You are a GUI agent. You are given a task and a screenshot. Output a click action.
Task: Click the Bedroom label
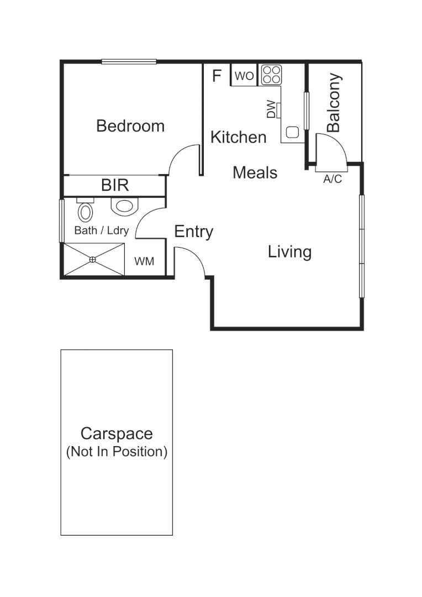point(130,126)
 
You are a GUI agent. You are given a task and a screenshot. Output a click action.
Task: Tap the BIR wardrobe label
point(115,185)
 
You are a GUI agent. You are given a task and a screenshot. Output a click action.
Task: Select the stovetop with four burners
point(271,75)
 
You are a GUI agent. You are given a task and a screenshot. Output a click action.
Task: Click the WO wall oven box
point(244,76)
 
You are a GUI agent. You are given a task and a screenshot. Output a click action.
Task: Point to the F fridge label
point(217,76)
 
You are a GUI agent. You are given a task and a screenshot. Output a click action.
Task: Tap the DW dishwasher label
point(271,109)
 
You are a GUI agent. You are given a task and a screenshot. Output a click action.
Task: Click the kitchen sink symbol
point(292,133)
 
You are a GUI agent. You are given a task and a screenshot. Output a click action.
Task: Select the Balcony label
point(334,103)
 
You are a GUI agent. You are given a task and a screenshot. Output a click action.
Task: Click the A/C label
point(333,179)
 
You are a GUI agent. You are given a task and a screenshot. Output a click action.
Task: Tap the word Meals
point(255,172)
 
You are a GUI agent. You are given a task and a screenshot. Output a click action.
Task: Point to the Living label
point(289,252)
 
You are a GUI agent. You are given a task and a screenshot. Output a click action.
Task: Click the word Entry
point(193,232)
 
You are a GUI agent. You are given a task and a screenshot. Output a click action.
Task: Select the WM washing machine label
point(144,261)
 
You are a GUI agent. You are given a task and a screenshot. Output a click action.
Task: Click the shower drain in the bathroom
point(93,259)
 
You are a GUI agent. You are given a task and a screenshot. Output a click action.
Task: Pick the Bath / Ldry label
point(101,231)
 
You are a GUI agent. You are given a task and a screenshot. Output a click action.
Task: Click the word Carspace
point(116,433)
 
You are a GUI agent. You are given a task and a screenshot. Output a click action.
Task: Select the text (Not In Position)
point(117,452)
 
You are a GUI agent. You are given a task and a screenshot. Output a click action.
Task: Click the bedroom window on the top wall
point(129,61)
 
